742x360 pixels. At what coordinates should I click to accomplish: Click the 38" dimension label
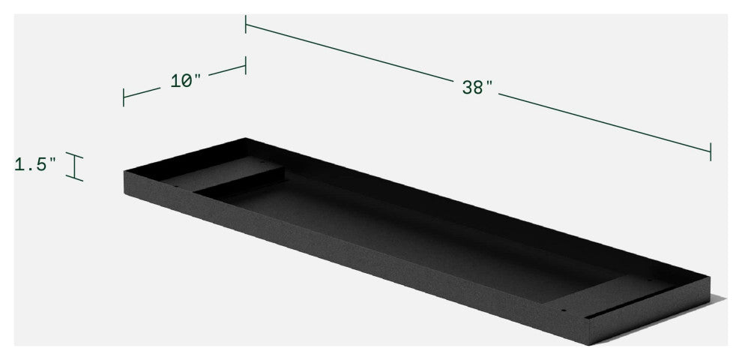tap(477, 87)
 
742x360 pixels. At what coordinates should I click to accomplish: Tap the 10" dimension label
tap(186, 80)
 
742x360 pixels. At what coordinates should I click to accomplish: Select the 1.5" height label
tap(35, 164)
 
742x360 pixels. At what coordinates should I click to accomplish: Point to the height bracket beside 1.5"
tap(74, 166)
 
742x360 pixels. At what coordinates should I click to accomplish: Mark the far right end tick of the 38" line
tap(710, 150)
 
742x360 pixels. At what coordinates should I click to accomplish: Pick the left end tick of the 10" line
tap(124, 97)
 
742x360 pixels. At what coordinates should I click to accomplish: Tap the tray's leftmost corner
tap(124, 172)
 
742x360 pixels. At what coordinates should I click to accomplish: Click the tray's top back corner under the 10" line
tap(245, 139)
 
